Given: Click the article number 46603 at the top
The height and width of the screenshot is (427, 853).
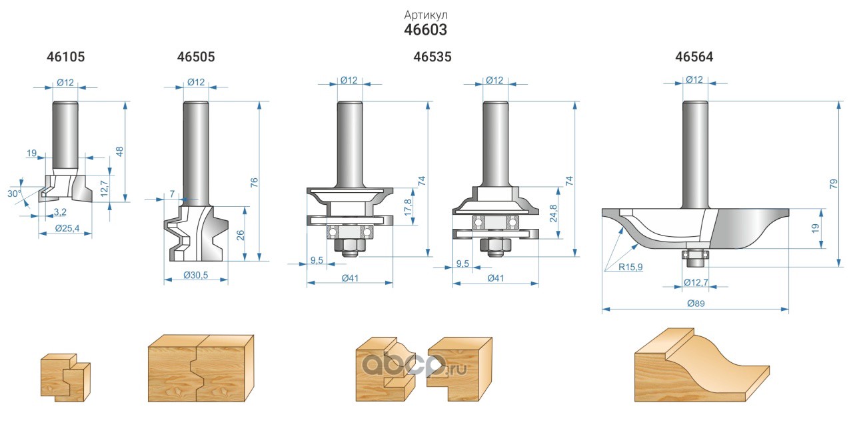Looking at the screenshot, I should tap(425, 30).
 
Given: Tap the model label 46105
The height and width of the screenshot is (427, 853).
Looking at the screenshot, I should tap(66, 57).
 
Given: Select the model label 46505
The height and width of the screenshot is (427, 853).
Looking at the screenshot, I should tap(196, 57).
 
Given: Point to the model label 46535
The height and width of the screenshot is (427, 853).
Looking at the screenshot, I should tap(432, 57).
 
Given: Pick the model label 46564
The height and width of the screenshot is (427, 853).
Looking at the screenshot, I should tap(694, 57).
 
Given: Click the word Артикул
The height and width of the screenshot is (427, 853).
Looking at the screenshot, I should tap(425, 14).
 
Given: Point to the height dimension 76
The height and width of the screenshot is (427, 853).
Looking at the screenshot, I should tap(254, 181).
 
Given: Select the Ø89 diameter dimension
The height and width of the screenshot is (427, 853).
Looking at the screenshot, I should tap(695, 302).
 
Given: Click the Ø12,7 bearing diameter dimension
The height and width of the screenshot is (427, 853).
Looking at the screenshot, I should tap(694, 283).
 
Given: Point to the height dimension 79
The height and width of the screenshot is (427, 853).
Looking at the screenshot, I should tap(833, 184).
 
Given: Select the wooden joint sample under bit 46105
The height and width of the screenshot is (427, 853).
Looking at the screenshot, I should tap(65, 376).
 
